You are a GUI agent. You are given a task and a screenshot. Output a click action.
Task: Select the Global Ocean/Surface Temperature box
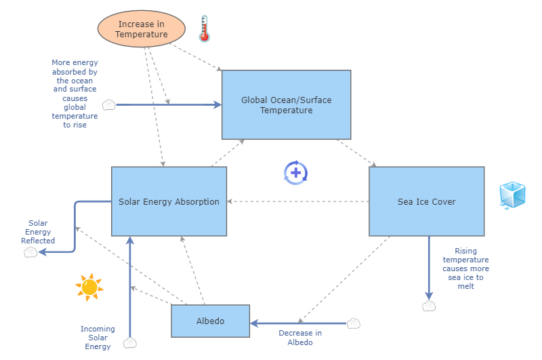[286, 105]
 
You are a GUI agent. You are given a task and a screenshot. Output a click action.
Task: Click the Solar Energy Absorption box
[169, 201]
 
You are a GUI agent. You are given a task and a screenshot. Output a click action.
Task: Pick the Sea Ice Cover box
[426, 201]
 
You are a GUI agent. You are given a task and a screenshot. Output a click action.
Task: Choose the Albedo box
[210, 321]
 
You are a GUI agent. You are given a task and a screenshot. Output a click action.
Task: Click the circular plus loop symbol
[296, 173]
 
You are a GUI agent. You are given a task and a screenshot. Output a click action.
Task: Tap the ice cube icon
[512, 195]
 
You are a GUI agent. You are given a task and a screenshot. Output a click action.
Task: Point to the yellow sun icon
[89, 287]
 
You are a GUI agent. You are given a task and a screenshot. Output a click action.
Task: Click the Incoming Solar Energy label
[98, 338]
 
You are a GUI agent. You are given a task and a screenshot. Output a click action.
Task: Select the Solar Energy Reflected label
[38, 231]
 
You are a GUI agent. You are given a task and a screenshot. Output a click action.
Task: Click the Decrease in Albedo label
[300, 337]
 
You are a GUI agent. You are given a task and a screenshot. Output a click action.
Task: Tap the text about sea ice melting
[465, 268]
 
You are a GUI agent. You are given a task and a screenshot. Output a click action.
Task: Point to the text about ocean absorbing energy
[75, 94]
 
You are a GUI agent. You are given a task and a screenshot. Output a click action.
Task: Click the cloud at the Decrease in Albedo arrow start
[353, 323]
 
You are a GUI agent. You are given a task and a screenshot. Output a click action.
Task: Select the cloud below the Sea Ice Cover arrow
[428, 306]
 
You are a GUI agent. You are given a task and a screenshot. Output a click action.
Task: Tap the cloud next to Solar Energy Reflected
[30, 252]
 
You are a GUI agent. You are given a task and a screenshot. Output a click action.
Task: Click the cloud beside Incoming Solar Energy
[130, 343]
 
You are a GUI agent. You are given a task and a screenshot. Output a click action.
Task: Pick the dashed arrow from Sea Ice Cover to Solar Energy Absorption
[298, 201]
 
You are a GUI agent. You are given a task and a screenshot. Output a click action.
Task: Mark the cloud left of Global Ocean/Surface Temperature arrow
[108, 105]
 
